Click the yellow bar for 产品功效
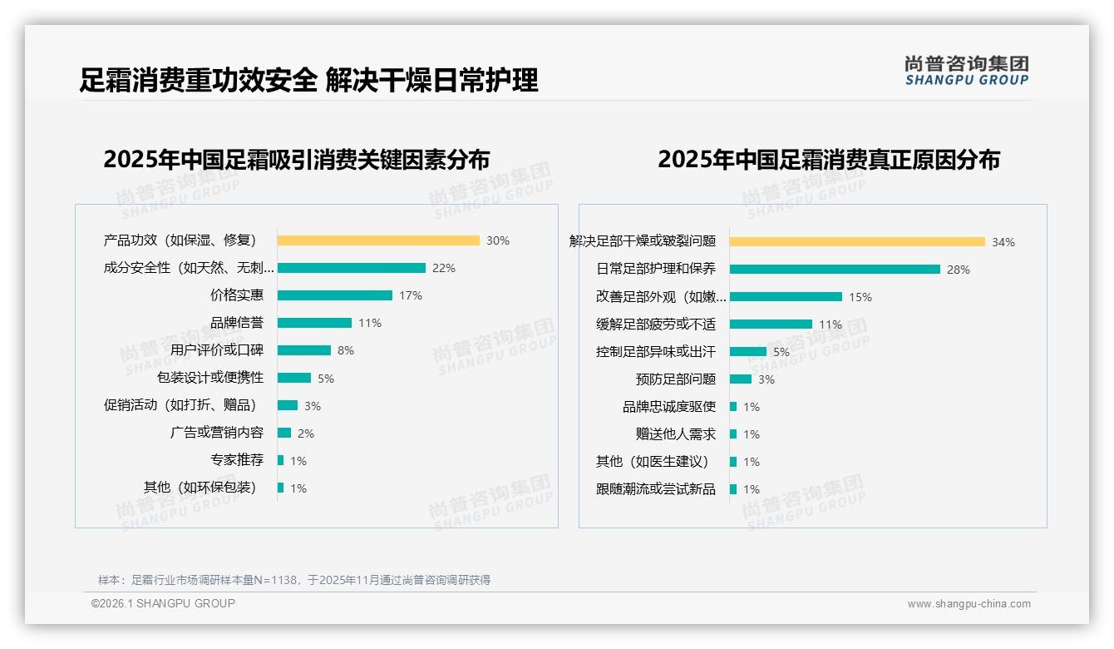click(378, 240)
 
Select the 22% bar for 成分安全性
click(352, 268)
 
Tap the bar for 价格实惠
click(335, 295)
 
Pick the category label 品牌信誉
click(237, 323)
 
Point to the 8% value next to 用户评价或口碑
click(346, 350)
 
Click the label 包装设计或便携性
click(210, 378)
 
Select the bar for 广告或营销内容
click(284, 433)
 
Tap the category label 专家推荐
click(237, 460)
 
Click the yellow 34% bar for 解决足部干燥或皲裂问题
click(857, 242)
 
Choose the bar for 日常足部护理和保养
click(835, 270)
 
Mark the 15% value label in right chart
click(860, 297)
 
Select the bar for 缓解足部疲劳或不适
click(771, 324)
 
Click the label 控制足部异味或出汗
click(656, 352)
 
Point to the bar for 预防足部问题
click(741, 379)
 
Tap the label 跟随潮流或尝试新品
click(656, 489)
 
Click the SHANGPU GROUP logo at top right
click(967, 71)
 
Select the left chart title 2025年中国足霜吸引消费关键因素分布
click(297, 159)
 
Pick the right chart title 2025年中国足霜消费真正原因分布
click(829, 159)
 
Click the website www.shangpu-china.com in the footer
click(969, 604)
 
